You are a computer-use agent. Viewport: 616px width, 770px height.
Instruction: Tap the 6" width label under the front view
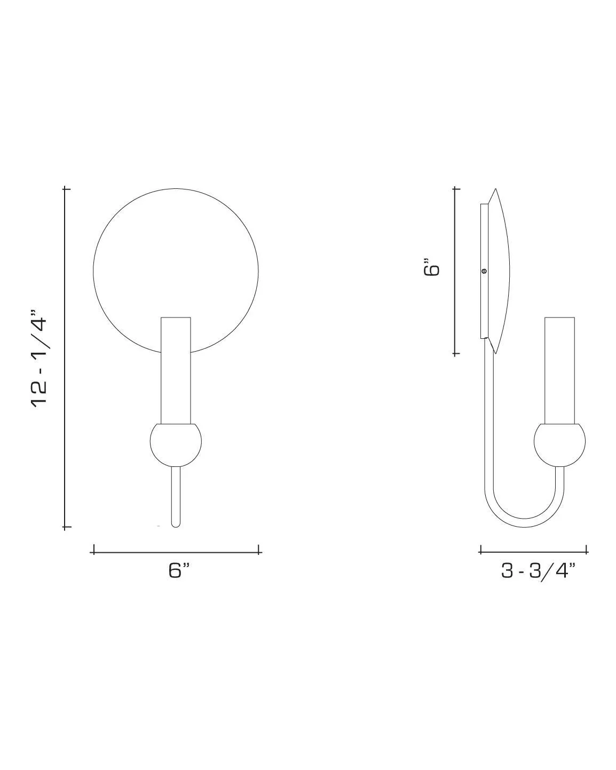(x=179, y=570)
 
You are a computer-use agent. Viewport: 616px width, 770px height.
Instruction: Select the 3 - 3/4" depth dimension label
(x=538, y=570)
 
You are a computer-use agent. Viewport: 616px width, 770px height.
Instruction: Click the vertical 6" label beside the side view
(x=432, y=267)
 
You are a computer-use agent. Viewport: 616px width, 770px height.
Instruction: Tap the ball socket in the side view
(x=559, y=443)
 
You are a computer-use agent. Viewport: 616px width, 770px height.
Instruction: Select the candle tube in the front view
(x=176, y=368)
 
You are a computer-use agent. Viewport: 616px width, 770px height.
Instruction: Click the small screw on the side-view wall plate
(x=484, y=271)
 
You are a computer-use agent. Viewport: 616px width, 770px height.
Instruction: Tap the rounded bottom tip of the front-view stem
(x=175, y=524)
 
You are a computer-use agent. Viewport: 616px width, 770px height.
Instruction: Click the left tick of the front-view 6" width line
(x=93, y=550)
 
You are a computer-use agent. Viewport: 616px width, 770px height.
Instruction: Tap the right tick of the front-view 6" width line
(x=259, y=550)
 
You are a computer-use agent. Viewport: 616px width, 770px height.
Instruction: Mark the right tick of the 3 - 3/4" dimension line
(x=587, y=550)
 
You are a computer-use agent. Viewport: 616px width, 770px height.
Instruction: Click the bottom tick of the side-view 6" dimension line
(x=455, y=353)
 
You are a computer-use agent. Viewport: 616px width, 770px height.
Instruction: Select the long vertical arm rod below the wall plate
(x=488, y=416)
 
